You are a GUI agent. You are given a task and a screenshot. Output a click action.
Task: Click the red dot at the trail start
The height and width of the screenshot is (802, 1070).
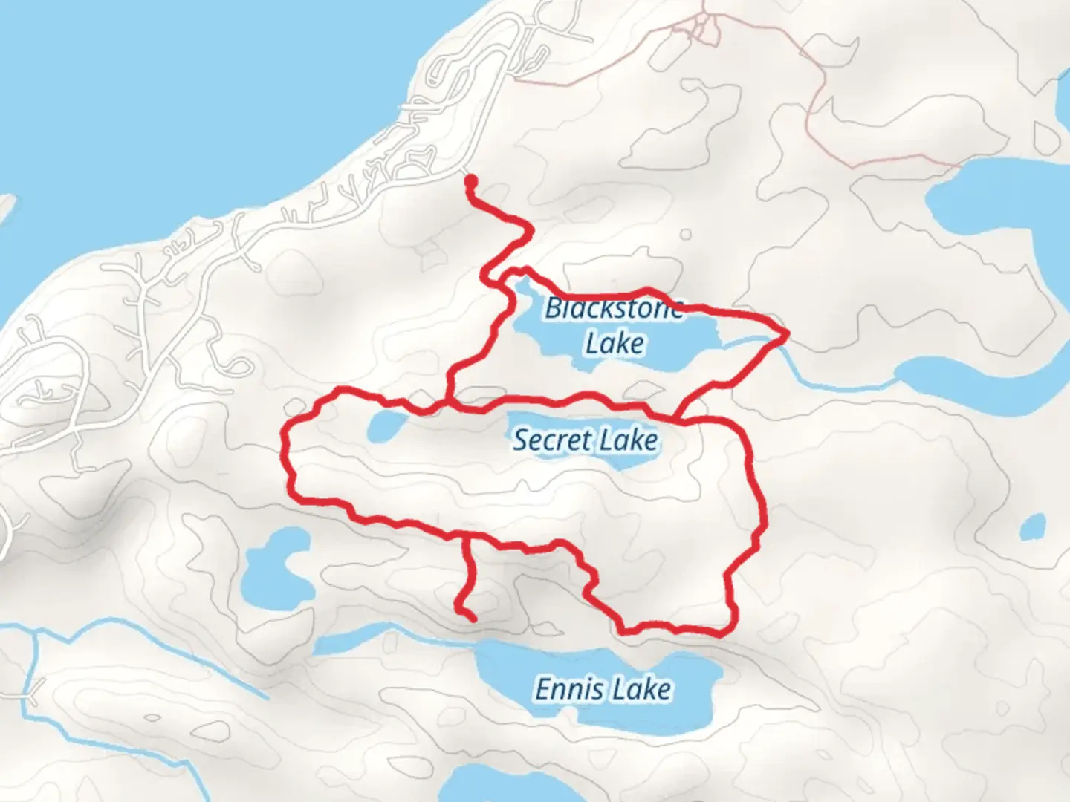point(470,179)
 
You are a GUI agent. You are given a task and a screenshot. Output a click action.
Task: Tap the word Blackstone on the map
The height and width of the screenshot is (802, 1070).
point(614,307)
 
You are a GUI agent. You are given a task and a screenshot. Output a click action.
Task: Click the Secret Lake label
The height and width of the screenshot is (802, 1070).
point(586,440)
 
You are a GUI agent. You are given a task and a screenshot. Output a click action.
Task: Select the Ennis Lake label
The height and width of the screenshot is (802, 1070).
point(603,690)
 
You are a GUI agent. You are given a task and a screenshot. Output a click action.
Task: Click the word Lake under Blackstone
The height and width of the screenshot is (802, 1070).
point(615,344)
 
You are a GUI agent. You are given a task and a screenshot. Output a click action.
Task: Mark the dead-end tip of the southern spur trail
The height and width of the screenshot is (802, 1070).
point(473,617)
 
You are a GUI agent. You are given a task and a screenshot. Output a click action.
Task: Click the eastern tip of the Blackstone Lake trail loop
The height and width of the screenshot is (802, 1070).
point(786,335)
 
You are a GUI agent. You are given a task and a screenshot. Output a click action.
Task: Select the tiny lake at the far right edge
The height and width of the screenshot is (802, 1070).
point(1031,528)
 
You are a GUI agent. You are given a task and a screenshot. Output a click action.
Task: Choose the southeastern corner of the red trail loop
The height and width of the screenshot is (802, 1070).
point(724,632)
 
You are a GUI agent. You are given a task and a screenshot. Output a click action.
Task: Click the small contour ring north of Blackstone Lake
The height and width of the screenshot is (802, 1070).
point(685,235)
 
